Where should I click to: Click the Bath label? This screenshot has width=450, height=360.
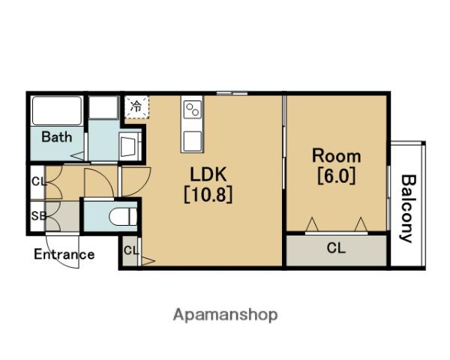[x=57, y=137]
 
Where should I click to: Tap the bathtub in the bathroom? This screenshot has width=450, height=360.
[x=57, y=111]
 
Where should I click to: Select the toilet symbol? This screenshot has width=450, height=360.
[x=124, y=217]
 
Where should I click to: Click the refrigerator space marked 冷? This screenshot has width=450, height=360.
[x=136, y=106]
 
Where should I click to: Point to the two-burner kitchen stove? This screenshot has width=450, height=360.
[x=192, y=109]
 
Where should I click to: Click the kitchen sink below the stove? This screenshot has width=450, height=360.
[x=192, y=141]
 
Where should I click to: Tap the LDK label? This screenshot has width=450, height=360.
[x=208, y=174]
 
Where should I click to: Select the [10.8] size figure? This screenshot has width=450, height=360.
[x=208, y=195]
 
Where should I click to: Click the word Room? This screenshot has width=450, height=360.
[x=336, y=155]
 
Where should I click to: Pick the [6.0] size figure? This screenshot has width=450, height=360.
[x=336, y=175]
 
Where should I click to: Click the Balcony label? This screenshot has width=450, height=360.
[x=407, y=208]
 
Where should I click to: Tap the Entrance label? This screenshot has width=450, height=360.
[x=64, y=254]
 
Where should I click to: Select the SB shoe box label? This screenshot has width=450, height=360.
[x=38, y=216]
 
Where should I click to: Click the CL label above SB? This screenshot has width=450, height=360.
[x=38, y=181]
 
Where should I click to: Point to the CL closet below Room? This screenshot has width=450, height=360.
[x=336, y=250]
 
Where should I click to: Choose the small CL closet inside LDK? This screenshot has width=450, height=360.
[x=130, y=250]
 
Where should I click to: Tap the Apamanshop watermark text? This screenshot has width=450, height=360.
[x=225, y=315]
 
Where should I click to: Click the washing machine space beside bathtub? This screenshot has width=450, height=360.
[x=103, y=107]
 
